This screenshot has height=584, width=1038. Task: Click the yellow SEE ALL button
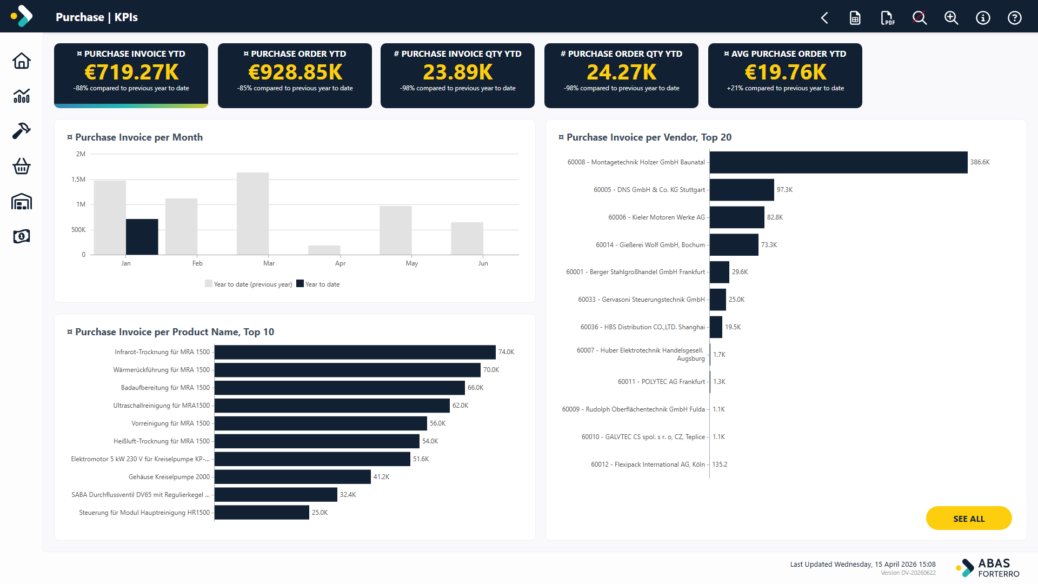(969, 519)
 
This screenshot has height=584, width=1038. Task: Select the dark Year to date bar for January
(142, 237)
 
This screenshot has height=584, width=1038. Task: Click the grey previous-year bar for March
(253, 214)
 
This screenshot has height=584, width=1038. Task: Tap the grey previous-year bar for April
(324, 250)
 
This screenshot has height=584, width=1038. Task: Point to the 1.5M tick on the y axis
(78, 180)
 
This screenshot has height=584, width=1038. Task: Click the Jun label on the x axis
(483, 263)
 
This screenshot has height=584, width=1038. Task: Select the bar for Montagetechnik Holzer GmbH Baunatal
(839, 162)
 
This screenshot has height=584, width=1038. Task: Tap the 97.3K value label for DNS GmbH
(785, 190)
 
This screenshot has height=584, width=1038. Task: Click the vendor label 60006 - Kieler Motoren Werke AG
(656, 217)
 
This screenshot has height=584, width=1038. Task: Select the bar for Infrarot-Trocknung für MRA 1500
(355, 352)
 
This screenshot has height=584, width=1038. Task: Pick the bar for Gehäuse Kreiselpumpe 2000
(292, 477)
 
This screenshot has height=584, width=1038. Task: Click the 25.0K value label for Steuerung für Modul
(320, 513)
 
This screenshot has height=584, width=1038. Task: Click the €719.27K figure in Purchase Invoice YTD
(131, 72)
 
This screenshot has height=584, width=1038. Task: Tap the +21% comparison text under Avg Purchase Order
(785, 88)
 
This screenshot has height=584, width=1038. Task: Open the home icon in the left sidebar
(22, 61)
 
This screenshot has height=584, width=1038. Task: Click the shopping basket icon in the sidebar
(22, 166)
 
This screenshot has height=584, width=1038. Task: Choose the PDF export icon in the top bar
(887, 18)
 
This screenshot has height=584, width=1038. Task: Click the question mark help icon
(1015, 18)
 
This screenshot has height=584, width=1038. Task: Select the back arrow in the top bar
(824, 18)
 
